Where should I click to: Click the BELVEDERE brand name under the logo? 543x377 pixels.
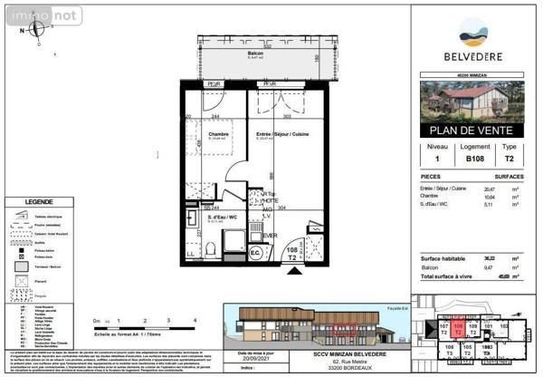470,56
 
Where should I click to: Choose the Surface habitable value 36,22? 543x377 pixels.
475,259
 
